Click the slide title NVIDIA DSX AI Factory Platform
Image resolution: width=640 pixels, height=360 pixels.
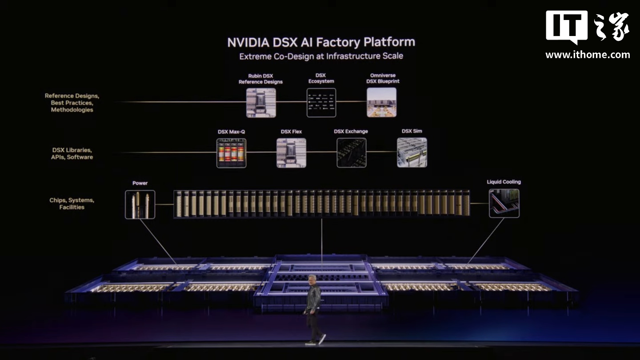(321, 42)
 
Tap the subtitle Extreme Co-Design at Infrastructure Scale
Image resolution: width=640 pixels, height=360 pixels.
(321, 56)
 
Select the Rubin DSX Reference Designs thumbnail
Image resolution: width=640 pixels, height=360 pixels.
(261, 103)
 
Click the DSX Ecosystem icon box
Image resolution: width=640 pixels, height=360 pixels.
(321, 103)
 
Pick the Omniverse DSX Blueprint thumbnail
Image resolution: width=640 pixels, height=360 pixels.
(381, 102)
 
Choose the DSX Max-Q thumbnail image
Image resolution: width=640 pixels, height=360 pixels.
(231, 153)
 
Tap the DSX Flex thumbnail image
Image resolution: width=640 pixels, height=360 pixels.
(291, 153)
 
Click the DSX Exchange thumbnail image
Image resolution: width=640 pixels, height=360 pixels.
(351, 153)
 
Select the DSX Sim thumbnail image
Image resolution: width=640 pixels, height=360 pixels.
(412, 152)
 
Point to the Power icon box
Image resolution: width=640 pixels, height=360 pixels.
(140, 204)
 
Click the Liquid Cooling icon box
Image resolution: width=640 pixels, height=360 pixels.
(504, 203)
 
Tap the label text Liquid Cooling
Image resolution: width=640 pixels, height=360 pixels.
(504, 182)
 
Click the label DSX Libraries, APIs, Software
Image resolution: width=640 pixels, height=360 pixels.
(72, 153)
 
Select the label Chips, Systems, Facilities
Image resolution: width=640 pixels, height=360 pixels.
(72, 204)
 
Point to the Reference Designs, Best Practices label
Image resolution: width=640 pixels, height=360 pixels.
(72, 103)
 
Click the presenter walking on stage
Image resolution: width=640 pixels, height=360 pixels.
(314, 309)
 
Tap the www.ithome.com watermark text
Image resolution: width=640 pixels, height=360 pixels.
(588, 55)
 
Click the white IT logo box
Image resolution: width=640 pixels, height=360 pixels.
(567, 27)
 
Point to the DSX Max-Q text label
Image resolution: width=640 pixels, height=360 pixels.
(231, 132)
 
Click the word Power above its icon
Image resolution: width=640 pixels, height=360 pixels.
(140, 183)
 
